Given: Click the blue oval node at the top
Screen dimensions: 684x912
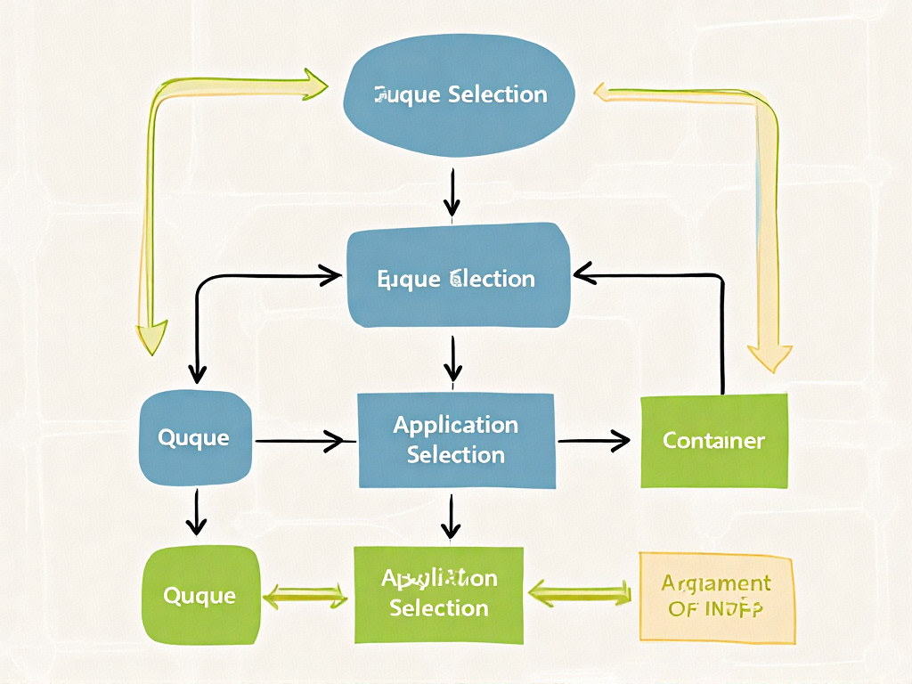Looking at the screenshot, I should coord(460,94).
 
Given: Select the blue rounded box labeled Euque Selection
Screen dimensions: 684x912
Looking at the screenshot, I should coord(458,278).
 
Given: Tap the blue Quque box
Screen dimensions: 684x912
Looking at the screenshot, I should coord(195,438).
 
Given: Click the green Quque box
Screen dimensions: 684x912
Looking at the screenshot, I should coord(200,594).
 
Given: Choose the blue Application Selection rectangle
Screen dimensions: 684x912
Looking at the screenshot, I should coord(456,440).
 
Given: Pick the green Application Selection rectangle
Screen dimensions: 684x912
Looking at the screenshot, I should coord(439,594).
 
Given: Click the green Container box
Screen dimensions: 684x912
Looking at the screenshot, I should coord(714,440).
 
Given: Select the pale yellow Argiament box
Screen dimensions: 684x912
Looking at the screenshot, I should coord(716,596).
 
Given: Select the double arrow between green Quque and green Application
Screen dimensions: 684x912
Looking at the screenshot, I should coord(306,595).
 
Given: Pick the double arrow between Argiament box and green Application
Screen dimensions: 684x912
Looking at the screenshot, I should coord(581,590).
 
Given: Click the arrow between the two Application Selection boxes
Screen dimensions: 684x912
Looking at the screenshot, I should coord(452,517).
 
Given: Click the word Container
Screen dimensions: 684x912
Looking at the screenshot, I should coord(714,440).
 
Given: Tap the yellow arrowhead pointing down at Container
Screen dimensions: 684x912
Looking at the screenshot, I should coord(770,356).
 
